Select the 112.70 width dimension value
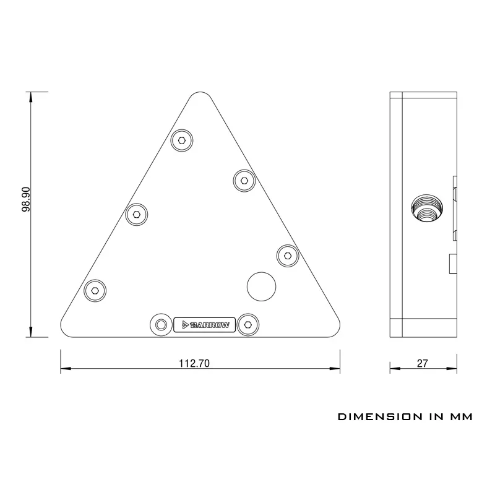coord(195,364)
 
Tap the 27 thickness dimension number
coord(423,364)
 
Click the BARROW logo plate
coord(205,324)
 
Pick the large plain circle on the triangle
coord(262,285)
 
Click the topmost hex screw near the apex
coord(183,140)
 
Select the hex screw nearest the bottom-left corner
coord(94,290)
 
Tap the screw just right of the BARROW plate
coord(248,324)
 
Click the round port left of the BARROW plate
coord(161,324)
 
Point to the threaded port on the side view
coord(428,211)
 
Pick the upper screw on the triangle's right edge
coord(244,181)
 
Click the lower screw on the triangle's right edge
coord(287,254)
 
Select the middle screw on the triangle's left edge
coord(136,215)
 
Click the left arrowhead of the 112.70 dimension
coord(64,369)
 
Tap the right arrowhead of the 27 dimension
coord(456,369)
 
